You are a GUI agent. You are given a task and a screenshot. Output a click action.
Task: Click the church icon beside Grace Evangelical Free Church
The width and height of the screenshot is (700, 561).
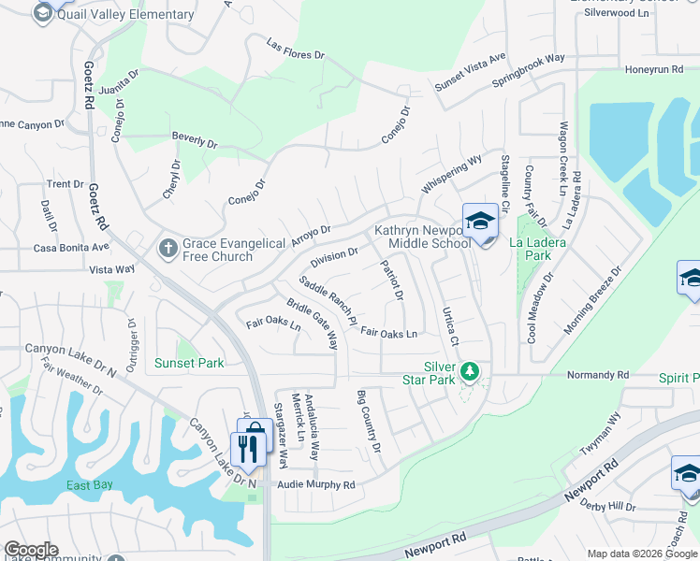tap(168, 248)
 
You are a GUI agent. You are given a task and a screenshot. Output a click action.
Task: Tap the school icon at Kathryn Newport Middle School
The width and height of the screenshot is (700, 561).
tap(480, 222)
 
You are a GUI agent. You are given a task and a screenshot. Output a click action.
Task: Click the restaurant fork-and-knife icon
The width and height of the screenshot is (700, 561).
tap(247, 449)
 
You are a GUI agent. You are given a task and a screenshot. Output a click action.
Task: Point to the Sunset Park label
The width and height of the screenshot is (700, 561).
tap(189, 363)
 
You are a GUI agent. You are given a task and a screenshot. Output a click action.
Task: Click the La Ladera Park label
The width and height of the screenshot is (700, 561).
tap(529, 248)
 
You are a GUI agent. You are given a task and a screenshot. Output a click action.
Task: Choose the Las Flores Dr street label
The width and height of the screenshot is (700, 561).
tap(295, 50)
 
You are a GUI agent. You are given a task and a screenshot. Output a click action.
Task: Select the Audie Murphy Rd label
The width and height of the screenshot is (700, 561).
tap(315, 485)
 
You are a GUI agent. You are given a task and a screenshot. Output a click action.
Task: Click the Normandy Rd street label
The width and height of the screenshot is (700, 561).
tap(598, 375)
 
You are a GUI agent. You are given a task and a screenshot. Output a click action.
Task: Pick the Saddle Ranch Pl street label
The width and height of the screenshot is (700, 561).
tap(328, 300)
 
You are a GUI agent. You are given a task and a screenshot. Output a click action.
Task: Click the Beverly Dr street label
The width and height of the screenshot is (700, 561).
tap(195, 140)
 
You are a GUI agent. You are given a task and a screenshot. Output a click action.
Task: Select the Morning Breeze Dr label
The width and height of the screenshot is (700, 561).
tap(593, 301)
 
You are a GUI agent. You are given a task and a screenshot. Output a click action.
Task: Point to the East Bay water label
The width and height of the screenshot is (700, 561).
tap(90, 485)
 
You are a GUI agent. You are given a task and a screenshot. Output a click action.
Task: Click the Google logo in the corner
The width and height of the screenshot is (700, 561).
tap(31, 550)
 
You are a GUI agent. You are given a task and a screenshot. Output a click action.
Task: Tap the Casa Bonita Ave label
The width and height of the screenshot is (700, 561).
tap(71, 248)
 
